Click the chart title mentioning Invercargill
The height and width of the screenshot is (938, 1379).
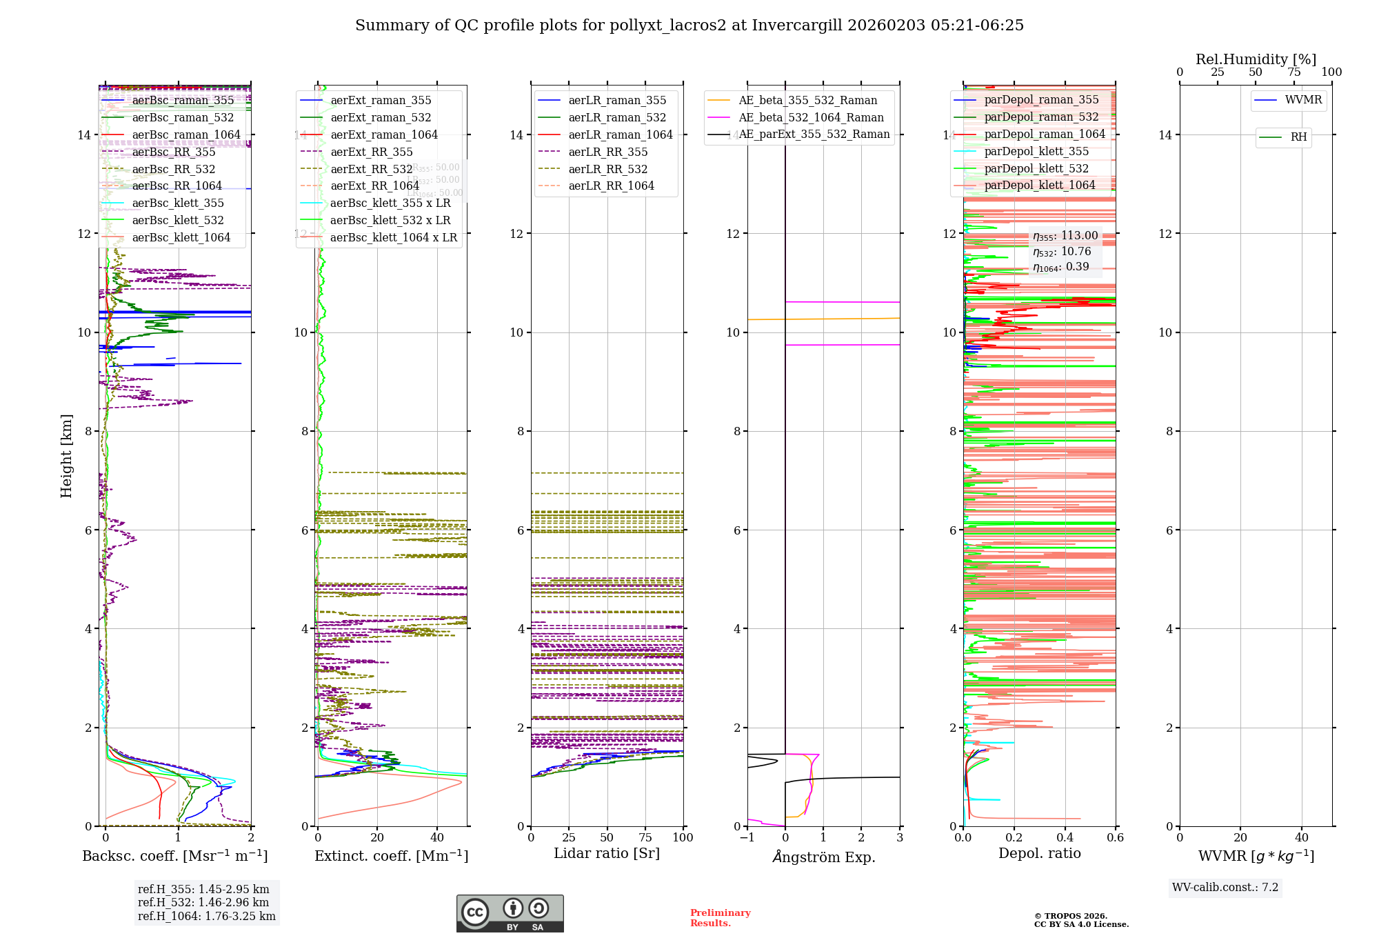click(x=689, y=26)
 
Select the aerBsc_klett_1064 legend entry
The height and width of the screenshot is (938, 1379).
click(x=181, y=238)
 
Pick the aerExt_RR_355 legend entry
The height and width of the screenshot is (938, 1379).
click(x=371, y=152)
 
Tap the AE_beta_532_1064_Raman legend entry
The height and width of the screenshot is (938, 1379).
click(x=811, y=118)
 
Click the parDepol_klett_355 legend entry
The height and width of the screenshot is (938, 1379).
click(x=1036, y=152)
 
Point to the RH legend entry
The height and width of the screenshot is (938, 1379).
click(x=1298, y=137)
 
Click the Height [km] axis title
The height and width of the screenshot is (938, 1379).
click(x=66, y=455)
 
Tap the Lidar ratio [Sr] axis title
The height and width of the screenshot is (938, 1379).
click(x=607, y=854)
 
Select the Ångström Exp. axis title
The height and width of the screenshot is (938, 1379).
click(x=824, y=857)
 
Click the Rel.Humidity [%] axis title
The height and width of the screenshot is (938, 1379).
click(x=1256, y=59)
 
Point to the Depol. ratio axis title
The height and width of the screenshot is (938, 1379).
click(x=1039, y=854)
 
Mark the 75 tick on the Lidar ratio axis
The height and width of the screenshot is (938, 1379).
click(x=645, y=838)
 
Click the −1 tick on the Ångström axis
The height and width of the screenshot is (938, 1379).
click(x=747, y=838)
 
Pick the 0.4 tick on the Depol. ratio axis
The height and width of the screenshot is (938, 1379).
click(x=1065, y=838)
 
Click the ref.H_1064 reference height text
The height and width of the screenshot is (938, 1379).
click(x=207, y=917)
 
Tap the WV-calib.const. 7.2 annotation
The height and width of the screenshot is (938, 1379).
click(x=1225, y=888)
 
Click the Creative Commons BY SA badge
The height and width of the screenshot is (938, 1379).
click(x=510, y=914)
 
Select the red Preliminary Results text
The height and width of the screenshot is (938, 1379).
click(x=720, y=918)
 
